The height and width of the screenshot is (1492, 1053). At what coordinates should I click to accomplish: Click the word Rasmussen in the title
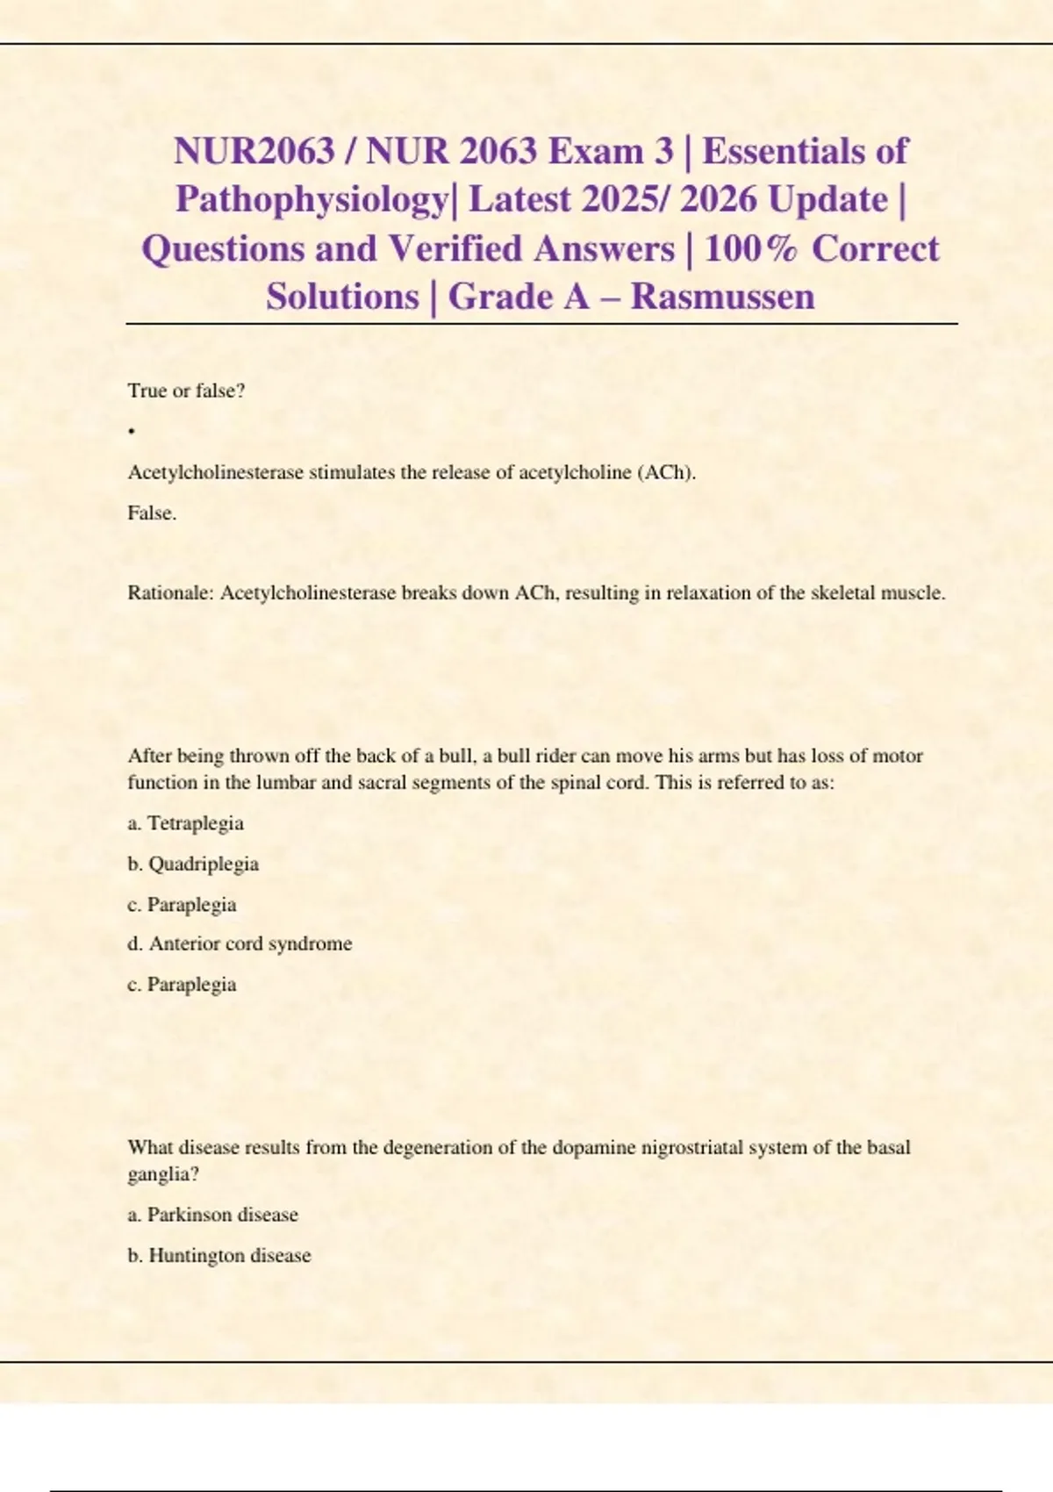pos(722,297)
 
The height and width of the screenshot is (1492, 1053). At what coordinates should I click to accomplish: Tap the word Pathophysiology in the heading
pos(312,200)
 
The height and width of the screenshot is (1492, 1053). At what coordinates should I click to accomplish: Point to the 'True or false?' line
pos(186,391)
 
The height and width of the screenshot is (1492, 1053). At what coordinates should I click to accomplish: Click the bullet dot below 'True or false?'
pos(131,431)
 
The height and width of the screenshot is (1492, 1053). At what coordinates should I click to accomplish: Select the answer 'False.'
pos(152,513)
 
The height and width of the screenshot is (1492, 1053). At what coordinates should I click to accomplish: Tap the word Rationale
pos(170,593)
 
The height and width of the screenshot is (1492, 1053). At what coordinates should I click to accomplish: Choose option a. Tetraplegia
pos(185,823)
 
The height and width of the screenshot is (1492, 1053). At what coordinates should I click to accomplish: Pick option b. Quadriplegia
pos(193,864)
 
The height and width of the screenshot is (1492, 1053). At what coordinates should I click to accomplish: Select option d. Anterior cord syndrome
pos(240,943)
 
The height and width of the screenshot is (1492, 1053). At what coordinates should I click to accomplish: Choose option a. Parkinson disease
pos(212,1215)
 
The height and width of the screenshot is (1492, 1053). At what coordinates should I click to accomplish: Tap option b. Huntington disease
pos(219,1256)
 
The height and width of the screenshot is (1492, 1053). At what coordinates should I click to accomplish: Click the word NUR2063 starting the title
pos(254,152)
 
